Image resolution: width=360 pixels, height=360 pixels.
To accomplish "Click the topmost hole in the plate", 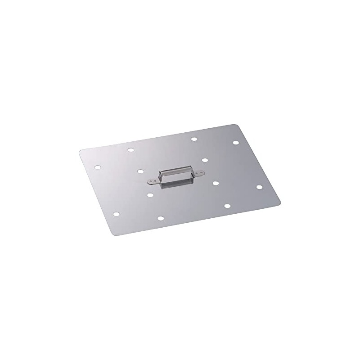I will (194, 139).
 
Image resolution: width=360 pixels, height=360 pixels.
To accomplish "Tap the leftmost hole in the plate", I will (98, 167).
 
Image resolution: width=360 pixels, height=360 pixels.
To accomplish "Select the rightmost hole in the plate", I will (259, 186).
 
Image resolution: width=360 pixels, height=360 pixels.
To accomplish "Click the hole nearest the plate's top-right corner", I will (235, 143).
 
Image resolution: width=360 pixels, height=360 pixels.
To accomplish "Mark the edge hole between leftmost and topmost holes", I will (130, 150).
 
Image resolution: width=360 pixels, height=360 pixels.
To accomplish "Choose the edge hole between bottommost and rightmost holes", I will (227, 206).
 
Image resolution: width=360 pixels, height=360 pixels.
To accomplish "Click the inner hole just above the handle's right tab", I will (205, 160).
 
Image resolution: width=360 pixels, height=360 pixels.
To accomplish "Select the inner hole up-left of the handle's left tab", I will (140, 171).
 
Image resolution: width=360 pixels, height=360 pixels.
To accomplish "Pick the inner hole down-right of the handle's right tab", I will (215, 183).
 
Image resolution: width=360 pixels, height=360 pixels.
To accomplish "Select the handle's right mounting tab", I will (199, 172).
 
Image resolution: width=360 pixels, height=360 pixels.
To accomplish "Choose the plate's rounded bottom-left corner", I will (112, 234).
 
